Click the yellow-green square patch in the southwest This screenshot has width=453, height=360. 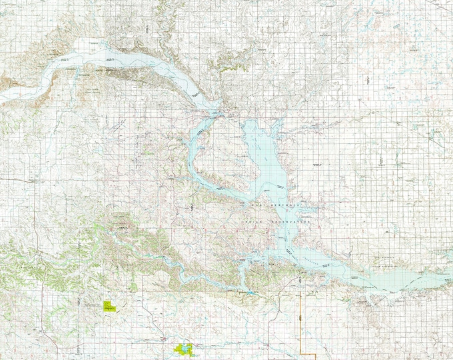click(110, 307)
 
